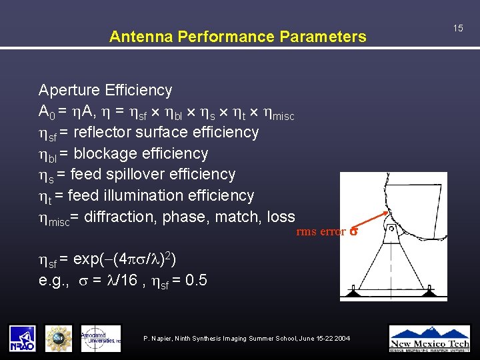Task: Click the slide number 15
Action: (458, 28)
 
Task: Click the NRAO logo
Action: (22, 338)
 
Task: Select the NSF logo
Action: (59, 338)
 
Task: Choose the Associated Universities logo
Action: (101, 338)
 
